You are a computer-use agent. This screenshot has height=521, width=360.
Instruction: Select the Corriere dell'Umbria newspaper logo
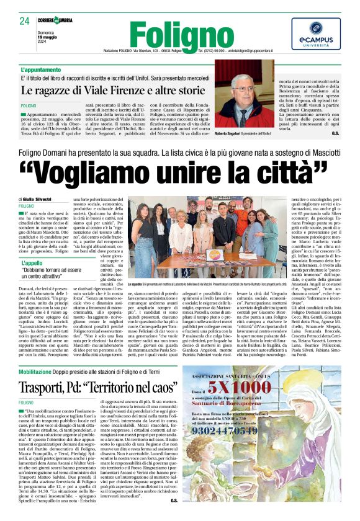tap(55, 20)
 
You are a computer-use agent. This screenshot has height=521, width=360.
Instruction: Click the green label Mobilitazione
tap(43, 354)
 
